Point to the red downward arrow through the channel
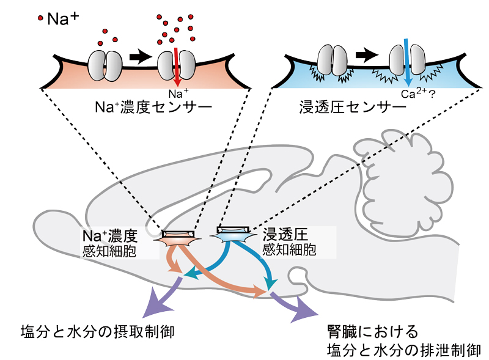coord(177,67)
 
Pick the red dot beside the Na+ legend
coord(40,19)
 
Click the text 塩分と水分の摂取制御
coord(98,332)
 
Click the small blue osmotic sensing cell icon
coord(236,235)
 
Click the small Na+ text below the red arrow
coord(175,93)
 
